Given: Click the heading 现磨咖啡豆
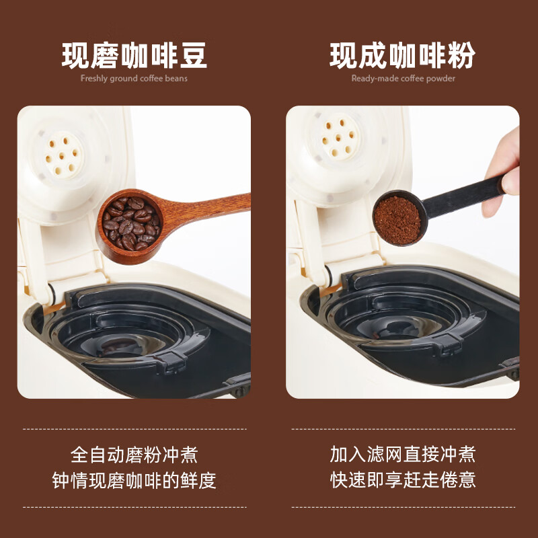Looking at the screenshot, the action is tap(134, 55).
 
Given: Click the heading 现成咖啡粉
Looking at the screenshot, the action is tap(402, 55).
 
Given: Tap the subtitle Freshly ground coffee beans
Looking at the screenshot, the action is tap(134, 79).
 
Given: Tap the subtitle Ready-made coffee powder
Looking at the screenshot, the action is tap(403, 79).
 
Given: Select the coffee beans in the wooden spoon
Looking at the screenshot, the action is tap(131, 223).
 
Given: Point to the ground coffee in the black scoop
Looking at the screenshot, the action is tap(397, 220).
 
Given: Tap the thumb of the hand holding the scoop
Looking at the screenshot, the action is tap(510, 181).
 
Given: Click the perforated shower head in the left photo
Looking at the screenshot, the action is tap(63, 155).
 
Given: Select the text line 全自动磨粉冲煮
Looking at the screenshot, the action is tap(134, 455).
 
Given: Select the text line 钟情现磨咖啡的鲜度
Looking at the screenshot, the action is tap(134, 480).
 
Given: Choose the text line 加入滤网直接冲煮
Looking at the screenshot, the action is tap(403, 455).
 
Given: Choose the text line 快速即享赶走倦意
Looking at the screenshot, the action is tap(403, 479).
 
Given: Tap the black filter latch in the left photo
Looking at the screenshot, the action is tap(171, 362).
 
